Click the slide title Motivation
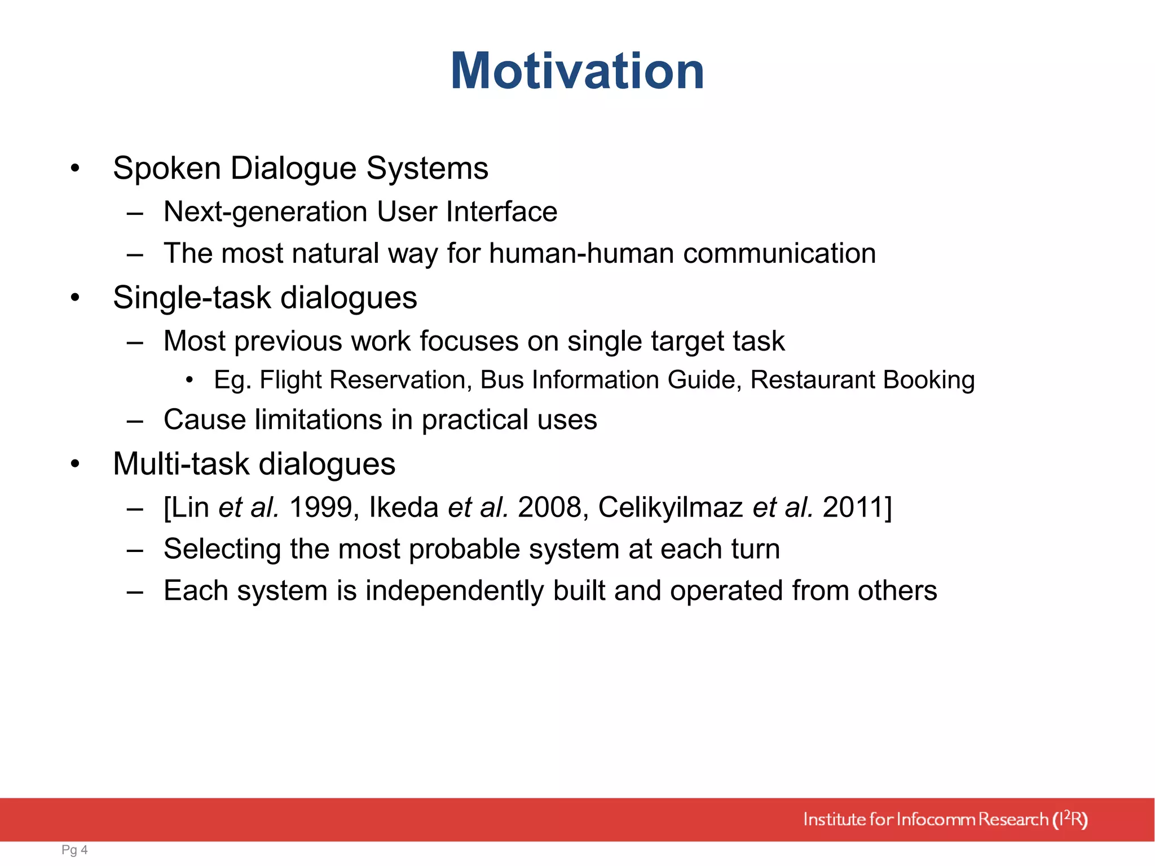point(577,71)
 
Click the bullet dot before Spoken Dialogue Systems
point(75,168)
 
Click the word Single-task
point(192,298)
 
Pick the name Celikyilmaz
point(670,507)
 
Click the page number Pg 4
point(74,850)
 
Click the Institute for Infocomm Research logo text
point(945,819)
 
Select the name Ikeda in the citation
point(403,507)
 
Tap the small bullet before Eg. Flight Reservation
point(189,381)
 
